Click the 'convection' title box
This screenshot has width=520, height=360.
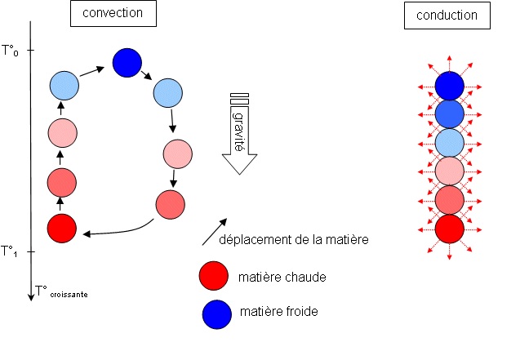click(x=113, y=14)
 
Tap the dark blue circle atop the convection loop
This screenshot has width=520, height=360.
click(x=127, y=61)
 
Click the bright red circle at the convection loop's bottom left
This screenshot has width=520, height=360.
click(x=62, y=228)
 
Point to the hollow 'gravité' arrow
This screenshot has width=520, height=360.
click(x=239, y=135)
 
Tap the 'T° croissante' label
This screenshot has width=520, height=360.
click(x=61, y=291)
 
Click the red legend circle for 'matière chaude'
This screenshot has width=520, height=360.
click(x=213, y=277)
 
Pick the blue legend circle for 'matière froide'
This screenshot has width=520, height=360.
click(x=213, y=313)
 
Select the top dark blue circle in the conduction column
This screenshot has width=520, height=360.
click(x=449, y=85)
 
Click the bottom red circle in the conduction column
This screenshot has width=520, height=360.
click(x=449, y=228)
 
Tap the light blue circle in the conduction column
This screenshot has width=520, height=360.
click(x=449, y=142)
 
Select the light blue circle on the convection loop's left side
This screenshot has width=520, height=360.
click(x=64, y=84)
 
